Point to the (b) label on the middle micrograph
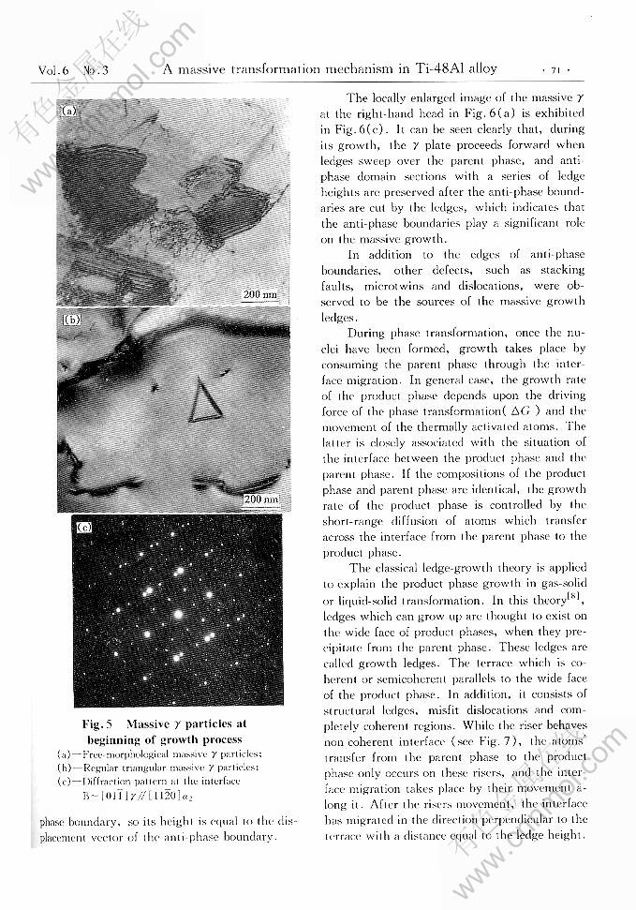(x=70, y=320)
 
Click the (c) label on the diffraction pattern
(x=84, y=528)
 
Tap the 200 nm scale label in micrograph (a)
(x=259, y=294)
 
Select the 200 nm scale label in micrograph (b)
(x=260, y=500)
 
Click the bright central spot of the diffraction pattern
(x=175, y=613)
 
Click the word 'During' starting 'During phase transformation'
(x=366, y=332)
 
